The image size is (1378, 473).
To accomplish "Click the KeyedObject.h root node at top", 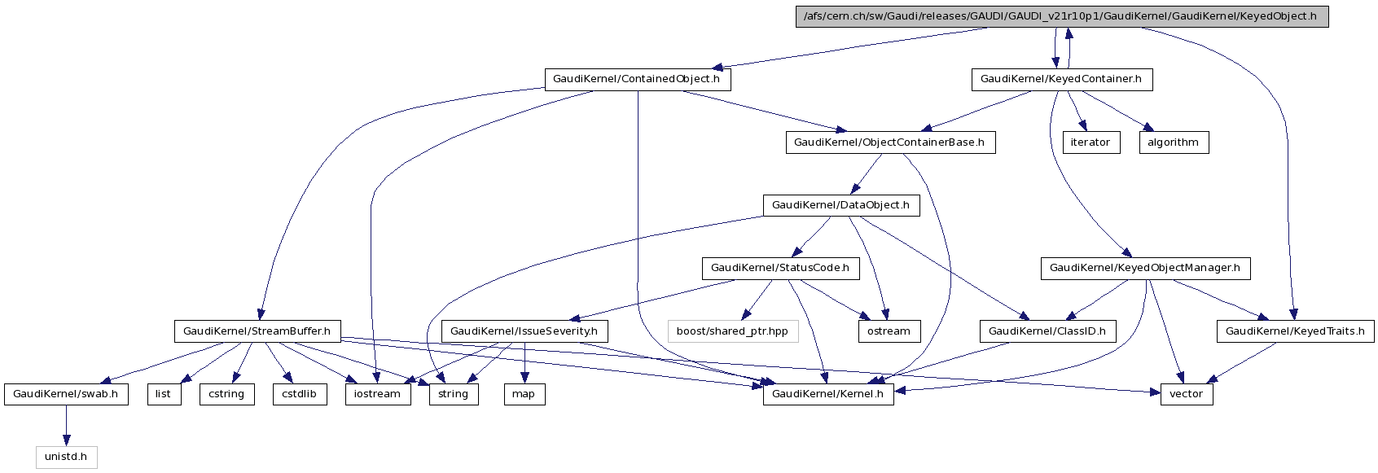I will [x=1061, y=16].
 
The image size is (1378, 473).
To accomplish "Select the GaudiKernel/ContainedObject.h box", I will [x=636, y=79].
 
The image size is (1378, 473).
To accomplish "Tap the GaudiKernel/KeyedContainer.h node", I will [x=1061, y=79].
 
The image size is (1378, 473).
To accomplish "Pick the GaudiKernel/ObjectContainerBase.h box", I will [x=889, y=142].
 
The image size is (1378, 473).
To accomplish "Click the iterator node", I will [x=1091, y=142].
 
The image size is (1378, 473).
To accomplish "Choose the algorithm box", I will [x=1173, y=142].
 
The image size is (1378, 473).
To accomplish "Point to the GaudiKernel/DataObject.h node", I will [x=840, y=205].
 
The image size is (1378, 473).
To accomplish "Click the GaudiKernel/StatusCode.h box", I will [x=779, y=268].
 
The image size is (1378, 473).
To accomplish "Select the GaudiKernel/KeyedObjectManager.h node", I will [x=1145, y=268].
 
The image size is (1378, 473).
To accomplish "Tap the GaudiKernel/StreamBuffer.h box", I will [x=257, y=331].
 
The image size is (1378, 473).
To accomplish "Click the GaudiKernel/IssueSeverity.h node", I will [x=524, y=331].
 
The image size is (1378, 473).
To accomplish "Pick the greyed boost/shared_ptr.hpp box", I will [x=732, y=331].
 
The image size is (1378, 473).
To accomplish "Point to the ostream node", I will [x=889, y=331].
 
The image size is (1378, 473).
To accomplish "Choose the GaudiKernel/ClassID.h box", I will [x=1047, y=331].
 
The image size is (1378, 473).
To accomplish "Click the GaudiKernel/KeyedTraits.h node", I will [x=1295, y=331].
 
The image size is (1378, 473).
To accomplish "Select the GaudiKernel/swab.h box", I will [x=66, y=394].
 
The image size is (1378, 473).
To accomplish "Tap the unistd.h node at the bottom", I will [x=66, y=457].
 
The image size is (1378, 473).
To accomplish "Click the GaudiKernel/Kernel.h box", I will [x=828, y=394].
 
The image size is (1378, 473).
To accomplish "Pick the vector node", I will [x=1187, y=394].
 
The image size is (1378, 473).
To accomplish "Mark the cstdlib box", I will [x=299, y=394].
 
